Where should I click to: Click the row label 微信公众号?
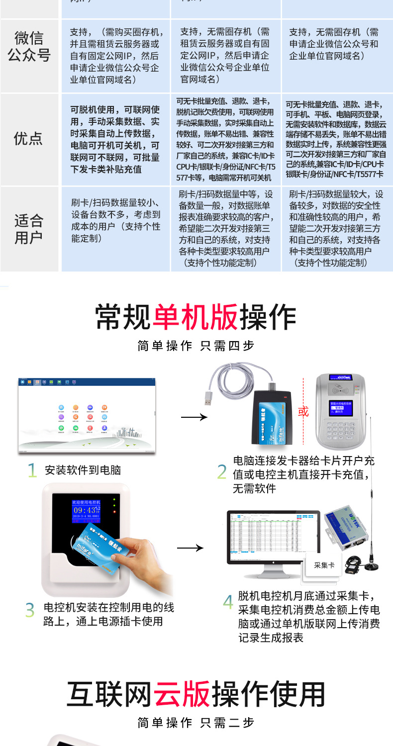tap(29, 46)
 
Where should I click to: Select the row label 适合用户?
tap(29, 229)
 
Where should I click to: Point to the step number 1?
tap(32, 470)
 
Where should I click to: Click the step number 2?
tap(222, 472)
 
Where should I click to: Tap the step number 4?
tap(228, 602)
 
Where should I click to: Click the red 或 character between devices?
tap(303, 412)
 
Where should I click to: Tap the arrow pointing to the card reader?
tap(194, 417)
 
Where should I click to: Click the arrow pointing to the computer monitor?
tap(191, 548)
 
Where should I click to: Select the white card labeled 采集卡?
tap(324, 565)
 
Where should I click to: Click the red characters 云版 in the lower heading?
tap(182, 694)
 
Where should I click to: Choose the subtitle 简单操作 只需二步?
tap(196, 723)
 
